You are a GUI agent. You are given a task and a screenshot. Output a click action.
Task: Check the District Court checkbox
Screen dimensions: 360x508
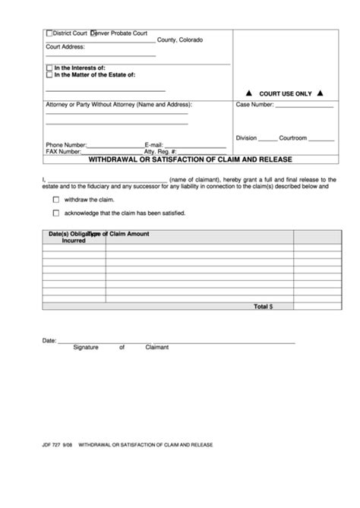pos(49,33)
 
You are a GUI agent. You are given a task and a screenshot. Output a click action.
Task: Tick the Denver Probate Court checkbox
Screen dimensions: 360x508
pos(93,33)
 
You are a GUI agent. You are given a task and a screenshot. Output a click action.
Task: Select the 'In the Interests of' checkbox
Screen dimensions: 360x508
pos(49,68)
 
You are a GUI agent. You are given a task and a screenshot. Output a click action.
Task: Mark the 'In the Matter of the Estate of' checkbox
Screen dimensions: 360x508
pos(49,75)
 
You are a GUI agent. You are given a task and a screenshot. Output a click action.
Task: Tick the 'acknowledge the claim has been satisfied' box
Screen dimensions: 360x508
pos(56,213)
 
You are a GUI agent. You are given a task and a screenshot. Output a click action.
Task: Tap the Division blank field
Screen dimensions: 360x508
pos(267,140)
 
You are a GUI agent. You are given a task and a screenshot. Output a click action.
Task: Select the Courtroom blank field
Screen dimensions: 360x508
pos(321,140)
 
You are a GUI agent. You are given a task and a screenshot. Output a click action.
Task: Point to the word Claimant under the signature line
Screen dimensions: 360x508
pos(156,347)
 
